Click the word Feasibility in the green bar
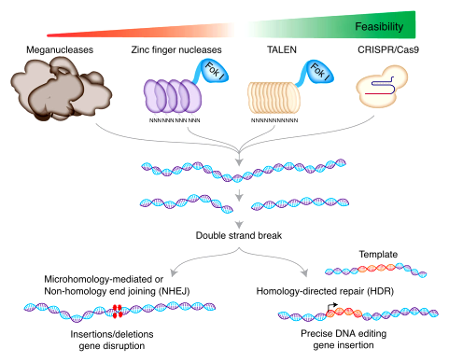pos(383,26)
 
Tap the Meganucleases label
pos(58,49)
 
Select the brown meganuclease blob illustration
pos(61,89)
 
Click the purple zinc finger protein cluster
pos(169,98)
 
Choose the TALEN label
pos(277,49)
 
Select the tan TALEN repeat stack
pos(274,99)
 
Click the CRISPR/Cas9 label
pos(387,49)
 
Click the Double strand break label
pos(239,235)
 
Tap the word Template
pos(378,254)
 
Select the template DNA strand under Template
pos(376,271)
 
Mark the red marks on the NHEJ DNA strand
pos(117,312)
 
